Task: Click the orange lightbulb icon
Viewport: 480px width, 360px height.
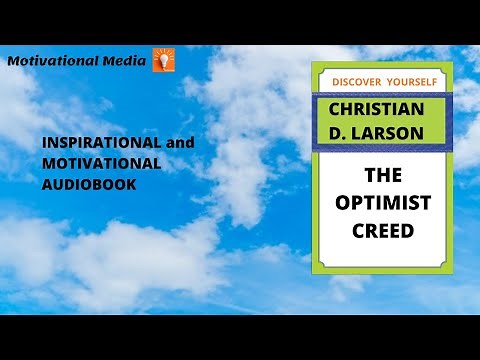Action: click(163, 59)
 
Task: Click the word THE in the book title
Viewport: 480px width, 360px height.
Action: click(383, 174)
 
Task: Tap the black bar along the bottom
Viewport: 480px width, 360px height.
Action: click(240, 337)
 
